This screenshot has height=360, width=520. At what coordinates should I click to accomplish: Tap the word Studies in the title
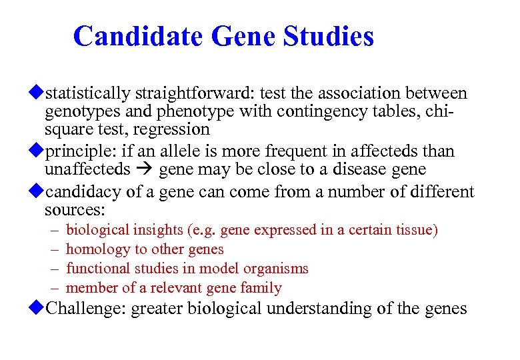click(x=329, y=36)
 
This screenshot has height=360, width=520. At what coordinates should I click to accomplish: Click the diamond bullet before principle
click(x=39, y=151)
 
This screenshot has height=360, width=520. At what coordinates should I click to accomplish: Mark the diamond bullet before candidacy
click(x=39, y=193)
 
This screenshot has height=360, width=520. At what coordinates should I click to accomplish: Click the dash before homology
click(x=53, y=249)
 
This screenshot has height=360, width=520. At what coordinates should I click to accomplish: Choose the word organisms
click(x=277, y=269)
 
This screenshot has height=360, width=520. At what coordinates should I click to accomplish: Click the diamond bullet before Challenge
click(x=39, y=309)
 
